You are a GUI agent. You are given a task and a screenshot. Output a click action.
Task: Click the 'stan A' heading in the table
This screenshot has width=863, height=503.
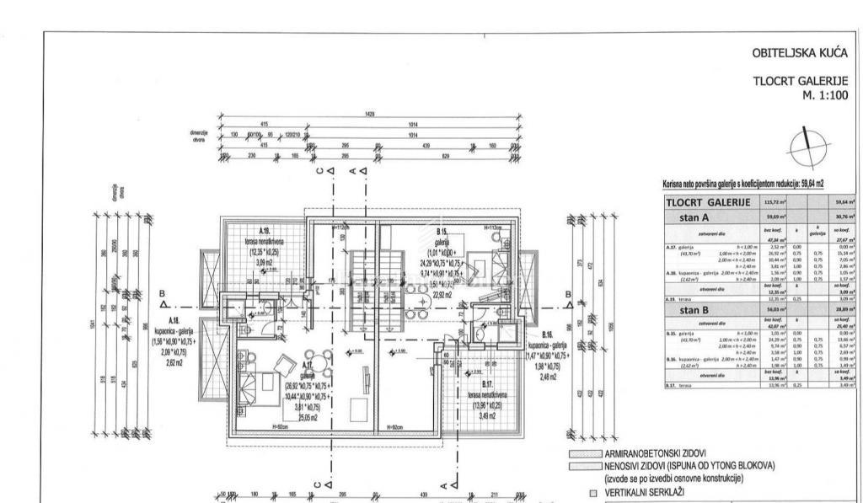tap(694, 216)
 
